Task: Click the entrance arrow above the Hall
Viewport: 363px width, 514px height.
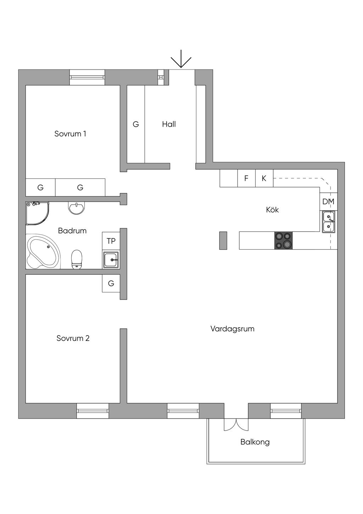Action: [181, 59]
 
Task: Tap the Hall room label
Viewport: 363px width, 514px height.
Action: [169, 124]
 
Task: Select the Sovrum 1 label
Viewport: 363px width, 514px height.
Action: [70, 134]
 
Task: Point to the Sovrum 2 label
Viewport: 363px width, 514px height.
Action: [73, 338]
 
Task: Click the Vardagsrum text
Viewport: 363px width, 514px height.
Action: [233, 329]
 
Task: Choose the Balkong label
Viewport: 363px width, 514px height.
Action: [255, 442]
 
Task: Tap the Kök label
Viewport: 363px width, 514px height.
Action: [272, 210]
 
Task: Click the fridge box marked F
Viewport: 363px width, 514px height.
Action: [246, 178]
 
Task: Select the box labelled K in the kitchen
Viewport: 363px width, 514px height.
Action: [264, 178]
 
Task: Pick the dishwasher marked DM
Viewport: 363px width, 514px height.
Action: [328, 202]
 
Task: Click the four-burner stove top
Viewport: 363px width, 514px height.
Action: [284, 240]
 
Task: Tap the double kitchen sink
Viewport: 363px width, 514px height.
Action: [329, 221]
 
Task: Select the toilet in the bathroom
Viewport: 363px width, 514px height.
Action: [77, 259]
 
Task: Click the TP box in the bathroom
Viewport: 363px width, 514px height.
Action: [111, 241]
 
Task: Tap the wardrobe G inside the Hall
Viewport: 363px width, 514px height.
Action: [136, 124]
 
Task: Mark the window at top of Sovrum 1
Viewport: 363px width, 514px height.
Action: [87, 77]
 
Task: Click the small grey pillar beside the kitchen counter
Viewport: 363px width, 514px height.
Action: [223, 240]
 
